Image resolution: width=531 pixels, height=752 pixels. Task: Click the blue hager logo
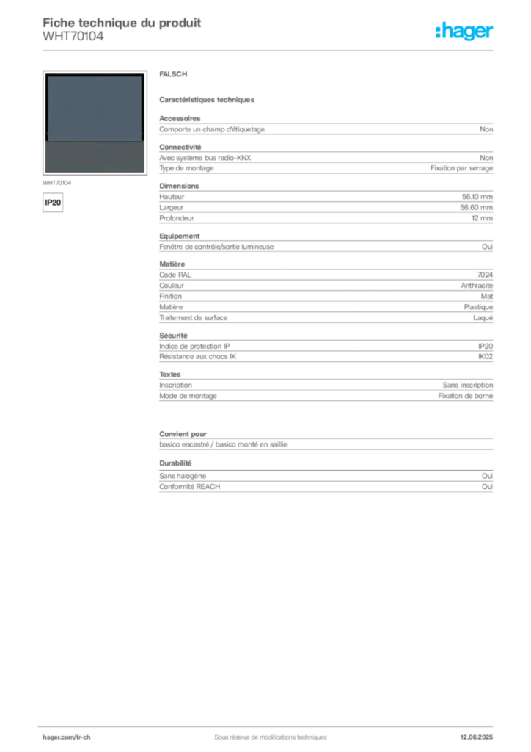[x=465, y=32]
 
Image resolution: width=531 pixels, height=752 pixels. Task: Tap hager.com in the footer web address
[x=59, y=737]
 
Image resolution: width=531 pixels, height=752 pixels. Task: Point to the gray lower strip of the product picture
[x=94, y=156]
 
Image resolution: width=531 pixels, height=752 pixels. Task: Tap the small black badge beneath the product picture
[x=52, y=200]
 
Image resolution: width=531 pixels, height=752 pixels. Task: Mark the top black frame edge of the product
[x=94, y=75]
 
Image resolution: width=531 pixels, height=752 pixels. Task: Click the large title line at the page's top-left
[x=122, y=20]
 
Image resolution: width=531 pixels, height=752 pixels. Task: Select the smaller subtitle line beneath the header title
[x=73, y=41]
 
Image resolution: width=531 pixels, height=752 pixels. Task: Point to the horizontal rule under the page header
[x=270, y=50]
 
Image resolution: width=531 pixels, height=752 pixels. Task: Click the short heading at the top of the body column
[x=176, y=76]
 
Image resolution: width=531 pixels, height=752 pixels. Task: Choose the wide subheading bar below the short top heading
[x=208, y=99]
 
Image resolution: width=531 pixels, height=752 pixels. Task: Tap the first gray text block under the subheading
[x=326, y=128]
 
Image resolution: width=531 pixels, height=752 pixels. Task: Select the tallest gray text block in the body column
[x=326, y=294]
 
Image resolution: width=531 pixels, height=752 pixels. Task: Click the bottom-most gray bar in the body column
[x=326, y=484]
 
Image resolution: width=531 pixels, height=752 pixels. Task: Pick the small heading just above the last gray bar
[x=176, y=463]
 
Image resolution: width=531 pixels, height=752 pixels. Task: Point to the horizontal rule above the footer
[x=270, y=724]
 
